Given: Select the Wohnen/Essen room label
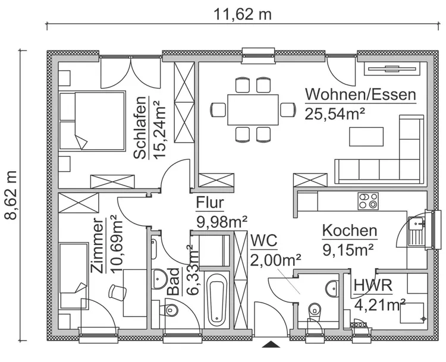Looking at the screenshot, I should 360,95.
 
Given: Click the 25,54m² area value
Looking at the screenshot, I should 335,114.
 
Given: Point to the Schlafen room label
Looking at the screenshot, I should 140,128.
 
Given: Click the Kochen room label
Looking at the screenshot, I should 349,231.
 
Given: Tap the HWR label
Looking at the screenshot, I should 373,286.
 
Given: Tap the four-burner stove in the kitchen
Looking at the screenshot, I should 367,201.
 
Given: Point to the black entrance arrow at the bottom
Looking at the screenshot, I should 272,344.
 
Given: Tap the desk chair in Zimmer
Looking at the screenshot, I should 118,291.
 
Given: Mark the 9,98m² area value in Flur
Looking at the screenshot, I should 222,222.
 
